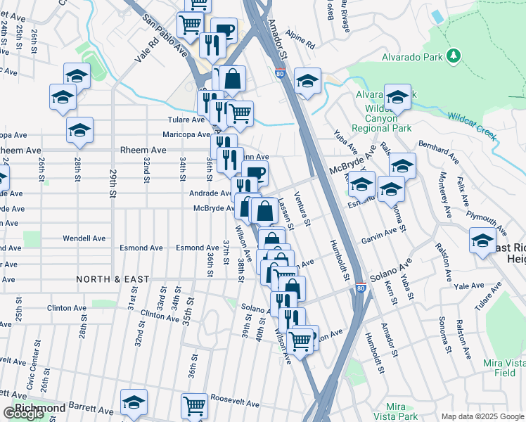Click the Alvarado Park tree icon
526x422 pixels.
(x=454, y=54)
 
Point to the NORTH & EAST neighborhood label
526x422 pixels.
(x=113, y=279)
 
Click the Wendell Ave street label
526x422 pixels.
(x=84, y=238)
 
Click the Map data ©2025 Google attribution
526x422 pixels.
(x=482, y=416)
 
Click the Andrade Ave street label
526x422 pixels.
(x=210, y=193)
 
